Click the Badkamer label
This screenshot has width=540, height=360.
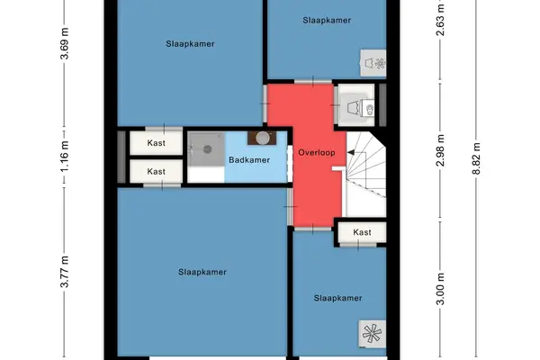coord(249,160)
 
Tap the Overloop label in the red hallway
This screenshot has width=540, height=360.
coord(317,153)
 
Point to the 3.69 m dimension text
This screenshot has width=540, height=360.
coord(65,43)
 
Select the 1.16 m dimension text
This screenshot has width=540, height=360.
coord(65,156)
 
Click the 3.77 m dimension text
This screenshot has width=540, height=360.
coord(65,272)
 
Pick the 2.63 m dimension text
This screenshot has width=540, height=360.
coord(440,20)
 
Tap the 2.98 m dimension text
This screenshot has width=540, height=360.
coord(440,150)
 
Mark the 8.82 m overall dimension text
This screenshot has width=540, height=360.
coord(476,158)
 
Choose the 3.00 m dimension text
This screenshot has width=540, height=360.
coord(440,289)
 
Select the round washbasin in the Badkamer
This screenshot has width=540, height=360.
coord(263,138)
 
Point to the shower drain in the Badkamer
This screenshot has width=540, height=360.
coord(207,149)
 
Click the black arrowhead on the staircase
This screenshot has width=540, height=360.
coord(351,152)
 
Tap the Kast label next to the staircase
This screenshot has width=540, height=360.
coord(362,232)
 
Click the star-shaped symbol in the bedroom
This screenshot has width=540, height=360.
coord(373,334)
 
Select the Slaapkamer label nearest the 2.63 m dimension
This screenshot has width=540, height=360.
coord(327,21)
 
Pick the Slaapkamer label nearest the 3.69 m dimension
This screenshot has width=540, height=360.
coord(190,44)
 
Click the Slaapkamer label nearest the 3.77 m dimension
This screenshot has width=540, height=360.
coord(202,272)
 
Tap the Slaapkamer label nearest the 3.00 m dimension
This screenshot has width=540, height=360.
coord(337,298)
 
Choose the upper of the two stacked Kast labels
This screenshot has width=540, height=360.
coord(156,142)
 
